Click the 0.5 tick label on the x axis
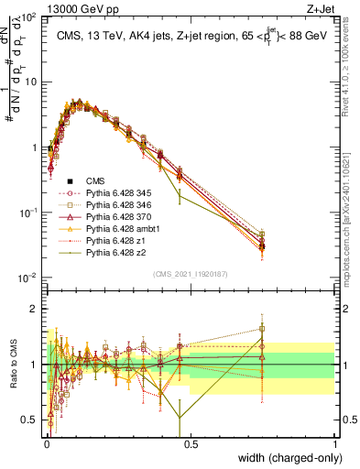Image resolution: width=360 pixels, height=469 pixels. (191, 442)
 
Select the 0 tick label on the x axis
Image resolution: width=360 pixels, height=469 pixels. (46, 442)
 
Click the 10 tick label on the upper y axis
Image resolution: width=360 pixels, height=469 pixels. (27, 82)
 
